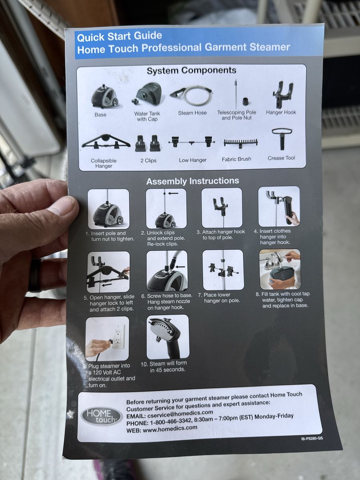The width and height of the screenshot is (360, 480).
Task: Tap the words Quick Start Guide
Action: pos(119,36)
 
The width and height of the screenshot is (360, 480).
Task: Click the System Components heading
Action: pos(192,70)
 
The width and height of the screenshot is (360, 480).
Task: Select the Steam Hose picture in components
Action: pos(191,95)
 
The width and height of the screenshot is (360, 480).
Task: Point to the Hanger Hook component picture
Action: pos(283,94)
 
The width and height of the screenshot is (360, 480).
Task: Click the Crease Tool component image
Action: pos(282,139)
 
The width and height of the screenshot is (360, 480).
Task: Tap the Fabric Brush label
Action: pos(236,159)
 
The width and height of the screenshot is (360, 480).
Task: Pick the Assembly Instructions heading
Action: pos(192,181)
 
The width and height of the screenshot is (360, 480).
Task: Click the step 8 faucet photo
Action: pos(280,269)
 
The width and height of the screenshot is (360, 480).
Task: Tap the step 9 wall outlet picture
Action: pos(107,339)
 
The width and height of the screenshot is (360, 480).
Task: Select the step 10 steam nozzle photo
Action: pos(168,337)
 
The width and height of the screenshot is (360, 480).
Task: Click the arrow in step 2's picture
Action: pos(173,193)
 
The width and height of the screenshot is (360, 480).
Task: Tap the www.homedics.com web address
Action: pos(170,429)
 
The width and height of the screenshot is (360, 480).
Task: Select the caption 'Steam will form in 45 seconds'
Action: pos(164,366)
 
